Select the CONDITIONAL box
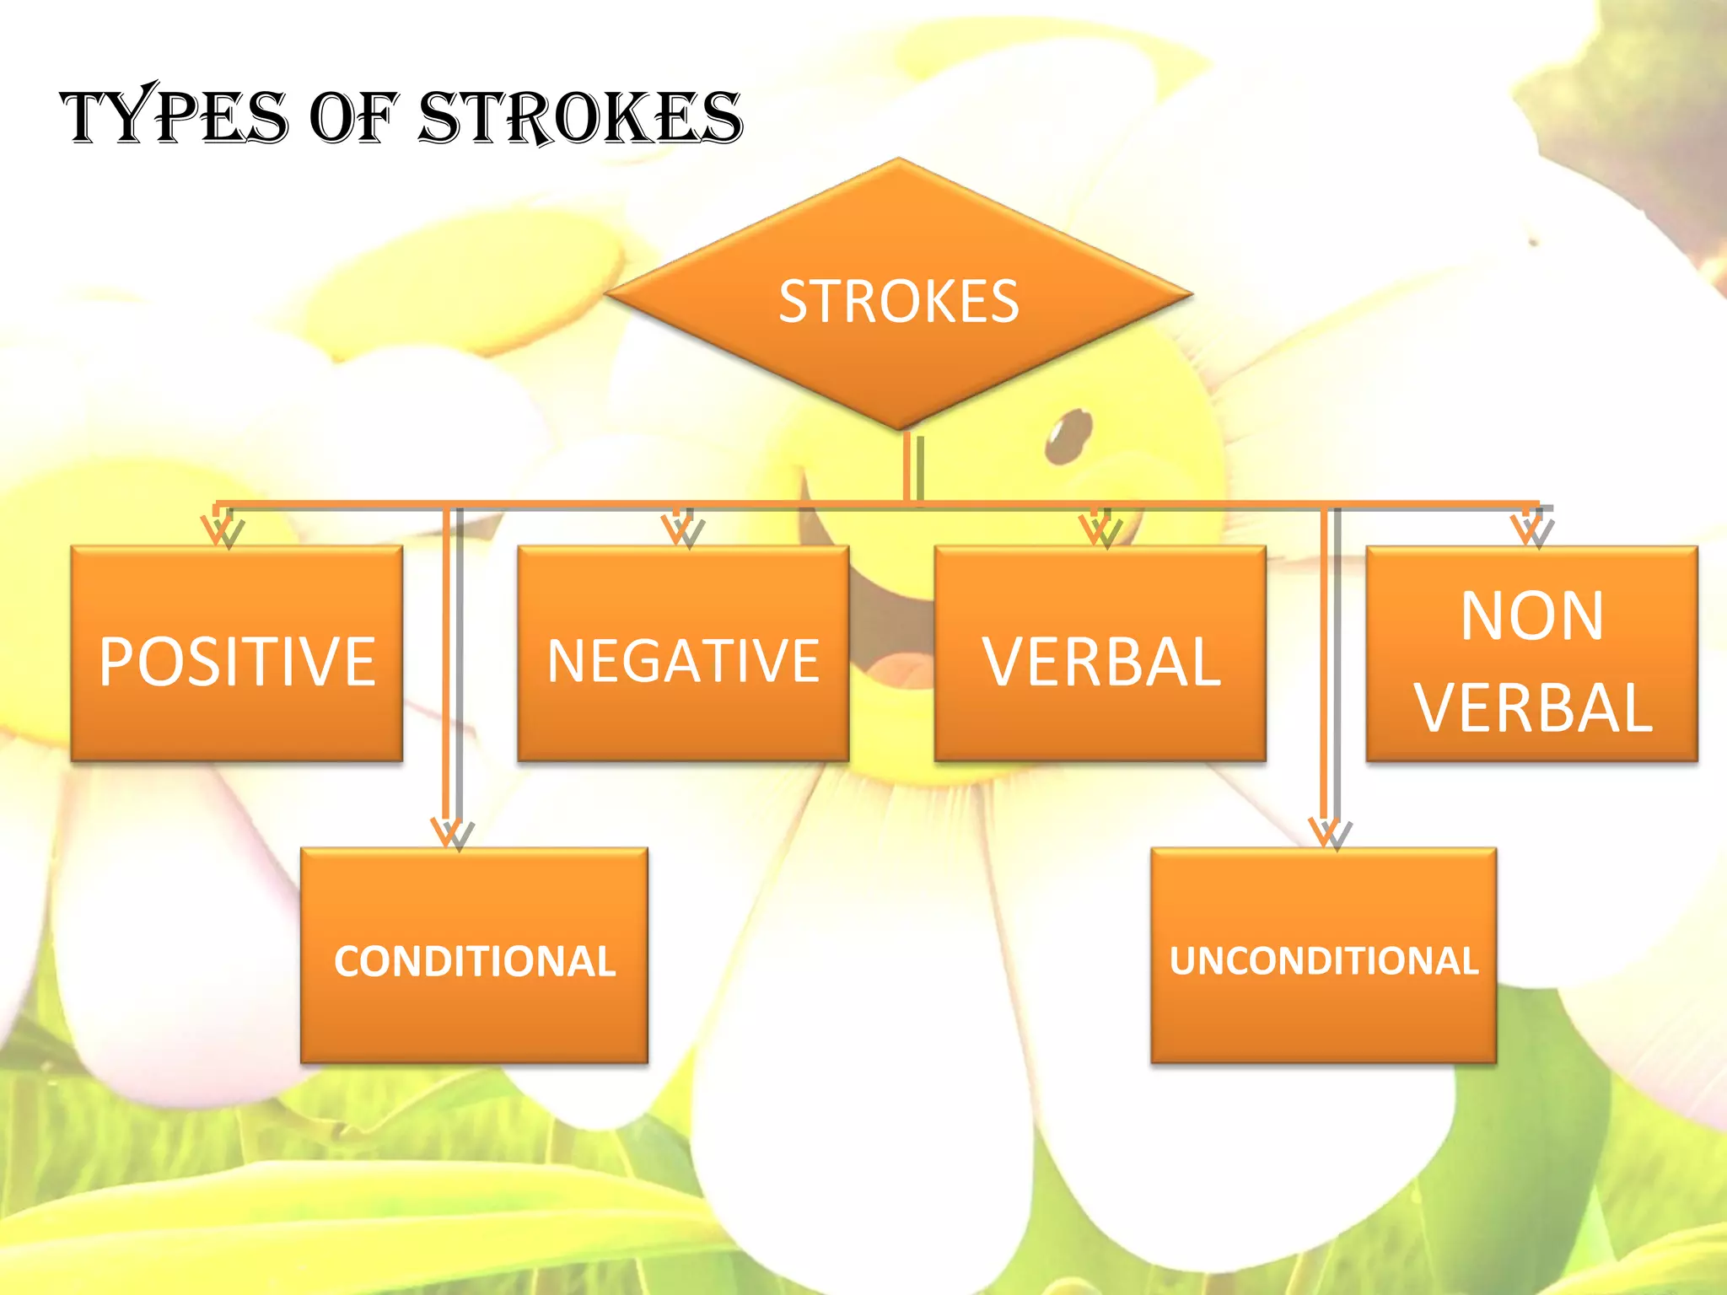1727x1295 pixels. pos(475,956)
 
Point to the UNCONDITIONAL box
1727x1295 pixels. pos(1324,956)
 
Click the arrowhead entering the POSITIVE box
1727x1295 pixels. pos(222,531)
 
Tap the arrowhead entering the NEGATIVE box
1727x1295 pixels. pos(682,531)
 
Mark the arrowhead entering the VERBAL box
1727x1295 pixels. pos(1100,531)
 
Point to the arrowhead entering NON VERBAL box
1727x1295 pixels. pos(1531,531)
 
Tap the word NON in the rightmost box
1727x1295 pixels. pos(1532,616)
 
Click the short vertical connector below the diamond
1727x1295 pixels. pos(911,468)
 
